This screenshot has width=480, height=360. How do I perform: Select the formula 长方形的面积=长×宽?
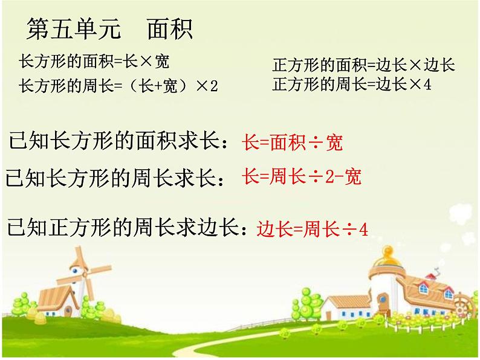(94, 62)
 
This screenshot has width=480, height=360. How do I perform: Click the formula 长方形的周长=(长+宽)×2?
(118, 86)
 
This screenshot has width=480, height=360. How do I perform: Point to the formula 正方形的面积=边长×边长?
(363, 65)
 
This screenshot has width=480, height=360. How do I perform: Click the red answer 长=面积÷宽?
(292, 143)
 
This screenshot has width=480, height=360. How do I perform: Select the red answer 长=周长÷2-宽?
(301, 177)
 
